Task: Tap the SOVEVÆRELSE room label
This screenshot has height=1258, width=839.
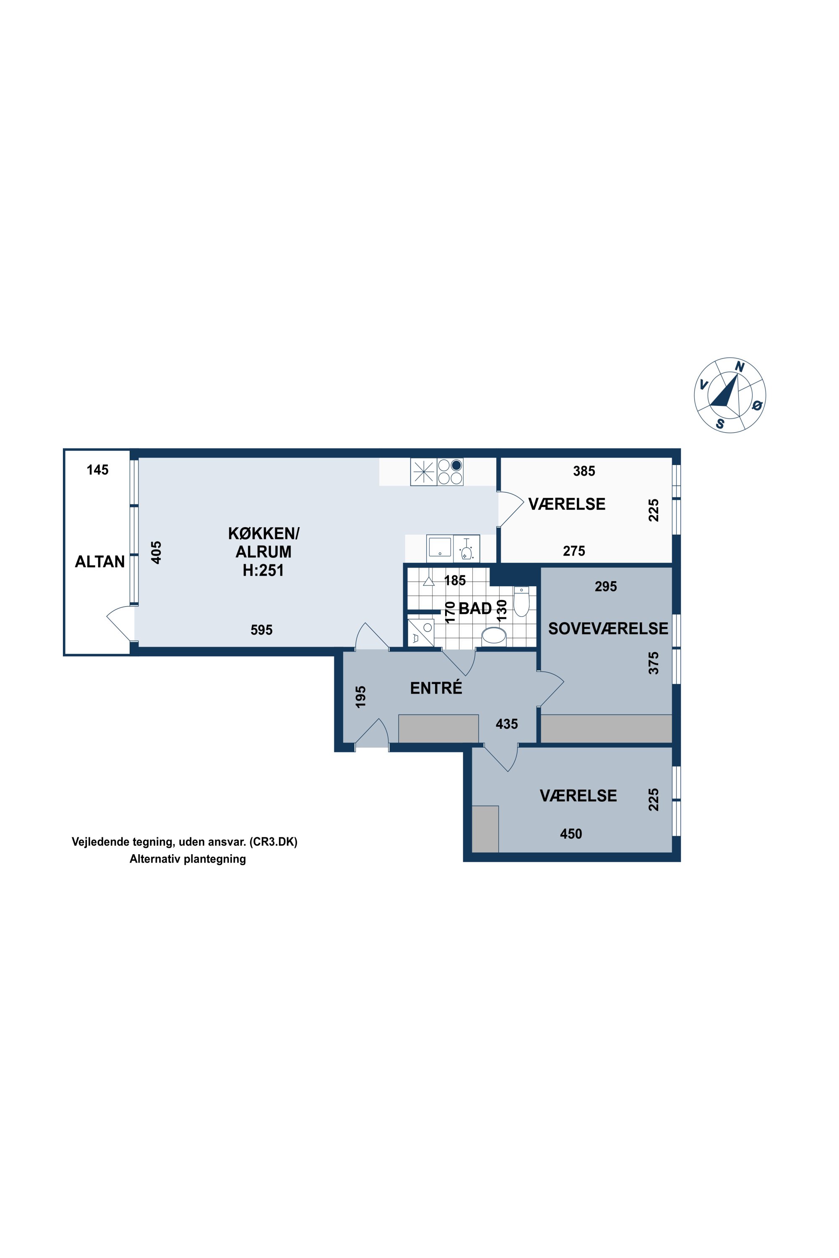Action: (608, 629)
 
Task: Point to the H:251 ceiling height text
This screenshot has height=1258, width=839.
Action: (263, 570)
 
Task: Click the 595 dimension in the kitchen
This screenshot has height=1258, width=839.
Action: (262, 630)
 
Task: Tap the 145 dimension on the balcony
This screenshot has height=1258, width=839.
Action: (97, 470)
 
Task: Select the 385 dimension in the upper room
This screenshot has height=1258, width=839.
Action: (584, 471)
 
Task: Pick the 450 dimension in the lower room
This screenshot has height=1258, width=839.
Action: (571, 834)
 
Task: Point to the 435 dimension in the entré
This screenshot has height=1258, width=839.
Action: (507, 724)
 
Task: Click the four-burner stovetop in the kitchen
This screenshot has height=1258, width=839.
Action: (450, 472)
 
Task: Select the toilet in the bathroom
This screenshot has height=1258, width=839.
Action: (521, 601)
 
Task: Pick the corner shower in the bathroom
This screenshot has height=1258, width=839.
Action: (421, 633)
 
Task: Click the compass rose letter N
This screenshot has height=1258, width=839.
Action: (740, 366)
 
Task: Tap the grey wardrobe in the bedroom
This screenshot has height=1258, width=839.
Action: (606, 728)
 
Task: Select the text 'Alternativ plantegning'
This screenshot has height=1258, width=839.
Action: (188, 859)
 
